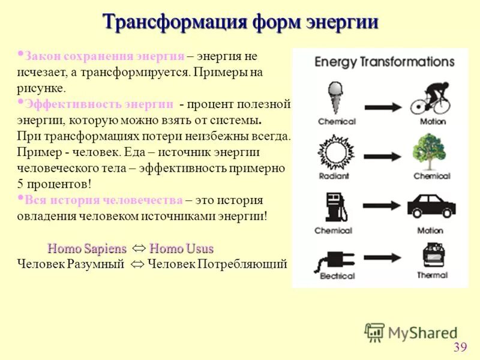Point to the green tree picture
tap(431, 151)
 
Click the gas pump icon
tap(334, 206)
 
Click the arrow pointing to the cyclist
tap(382, 106)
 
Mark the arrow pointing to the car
tap(382, 212)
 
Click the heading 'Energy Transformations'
tap(384, 62)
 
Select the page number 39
tap(460, 347)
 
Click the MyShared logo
tap(411, 332)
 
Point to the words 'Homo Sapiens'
tap(87, 248)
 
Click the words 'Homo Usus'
tap(181, 248)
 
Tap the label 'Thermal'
tap(432, 275)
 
